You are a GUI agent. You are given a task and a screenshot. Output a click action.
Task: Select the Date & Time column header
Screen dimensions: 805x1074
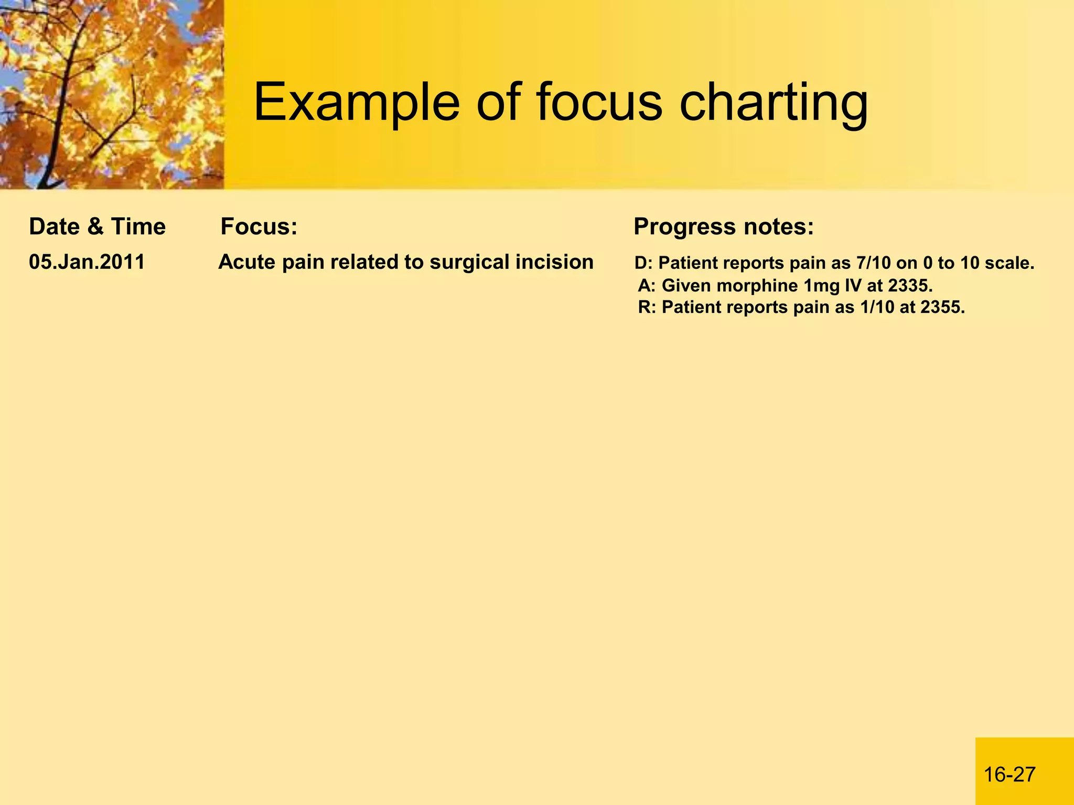[97, 227]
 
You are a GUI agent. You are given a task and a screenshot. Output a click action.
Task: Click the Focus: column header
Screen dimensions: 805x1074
[259, 227]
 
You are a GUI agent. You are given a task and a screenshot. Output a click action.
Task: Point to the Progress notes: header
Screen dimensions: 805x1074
[723, 227]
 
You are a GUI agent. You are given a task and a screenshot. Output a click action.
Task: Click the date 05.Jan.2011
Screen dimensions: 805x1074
[87, 262]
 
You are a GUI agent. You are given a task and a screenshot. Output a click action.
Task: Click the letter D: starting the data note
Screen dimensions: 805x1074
[643, 263]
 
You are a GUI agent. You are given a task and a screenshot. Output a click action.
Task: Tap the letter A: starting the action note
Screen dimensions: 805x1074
[647, 286]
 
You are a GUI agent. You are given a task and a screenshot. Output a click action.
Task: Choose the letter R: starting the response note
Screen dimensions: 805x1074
[647, 307]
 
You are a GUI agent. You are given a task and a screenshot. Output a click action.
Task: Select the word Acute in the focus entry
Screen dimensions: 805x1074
[247, 262]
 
